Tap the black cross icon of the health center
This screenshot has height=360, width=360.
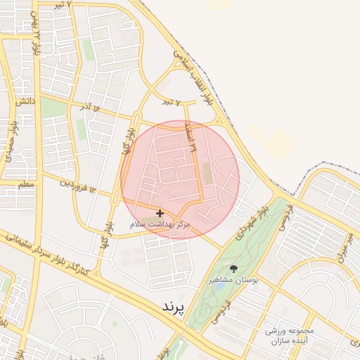point(160,212)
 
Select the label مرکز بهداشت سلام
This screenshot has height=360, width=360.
point(160,223)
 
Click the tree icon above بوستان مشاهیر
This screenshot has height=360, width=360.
point(233,269)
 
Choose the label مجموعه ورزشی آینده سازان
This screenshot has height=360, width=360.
point(290,335)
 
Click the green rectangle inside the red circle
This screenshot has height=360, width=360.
point(207,174)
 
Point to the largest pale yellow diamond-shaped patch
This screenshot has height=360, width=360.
point(279,140)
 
